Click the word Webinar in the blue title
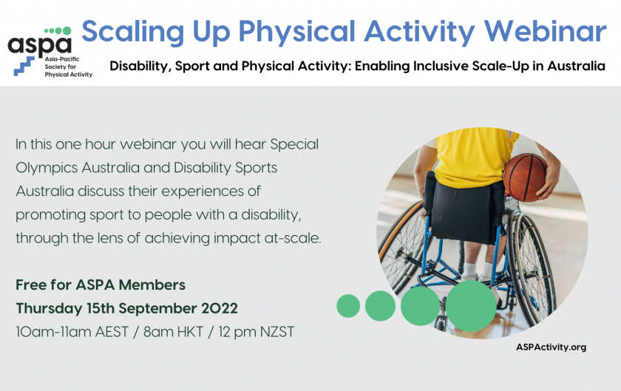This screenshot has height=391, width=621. pyautogui.click(x=546, y=32)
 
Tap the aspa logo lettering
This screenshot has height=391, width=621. pyautogui.click(x=40, y=45)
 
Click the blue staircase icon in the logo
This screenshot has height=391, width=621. pyautogui.click(x=24, y=66)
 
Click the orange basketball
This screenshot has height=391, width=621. pyautogui.click(x=525, y=178)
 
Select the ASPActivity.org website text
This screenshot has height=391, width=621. pyautogui.click(x=551, y=347)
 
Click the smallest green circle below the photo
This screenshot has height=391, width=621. pyautogui.click(x=348, y=306)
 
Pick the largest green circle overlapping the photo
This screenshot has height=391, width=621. pyautogui.click(x=471, y=306)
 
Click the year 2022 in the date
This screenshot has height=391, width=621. pyautogui.click(x=220, y=309)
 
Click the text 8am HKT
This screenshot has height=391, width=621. pyautogui.click(x=173, y=332)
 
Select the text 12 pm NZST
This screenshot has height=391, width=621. pyautogui.click(x=257, y=332)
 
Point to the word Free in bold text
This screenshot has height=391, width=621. pyautogui.click(x=30, y=285)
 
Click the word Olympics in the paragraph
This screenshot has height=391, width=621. pyautogui.click(x=47, y=168)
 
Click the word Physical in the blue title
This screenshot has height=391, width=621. pyautogui.click(x=297, y=33)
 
